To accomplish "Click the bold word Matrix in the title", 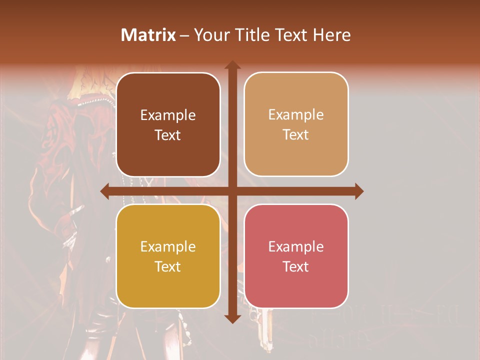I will coord(148,35).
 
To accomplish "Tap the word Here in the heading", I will coord(332,35).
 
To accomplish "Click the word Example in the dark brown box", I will coord(168,115).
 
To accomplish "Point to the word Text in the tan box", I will coord(296,135).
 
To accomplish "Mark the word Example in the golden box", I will coord(168,247).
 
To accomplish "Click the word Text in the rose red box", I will coord(296,267).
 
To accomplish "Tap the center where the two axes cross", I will coord(232,191).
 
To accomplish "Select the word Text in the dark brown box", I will coord(168,135).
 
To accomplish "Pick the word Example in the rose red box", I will coord(296,247).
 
